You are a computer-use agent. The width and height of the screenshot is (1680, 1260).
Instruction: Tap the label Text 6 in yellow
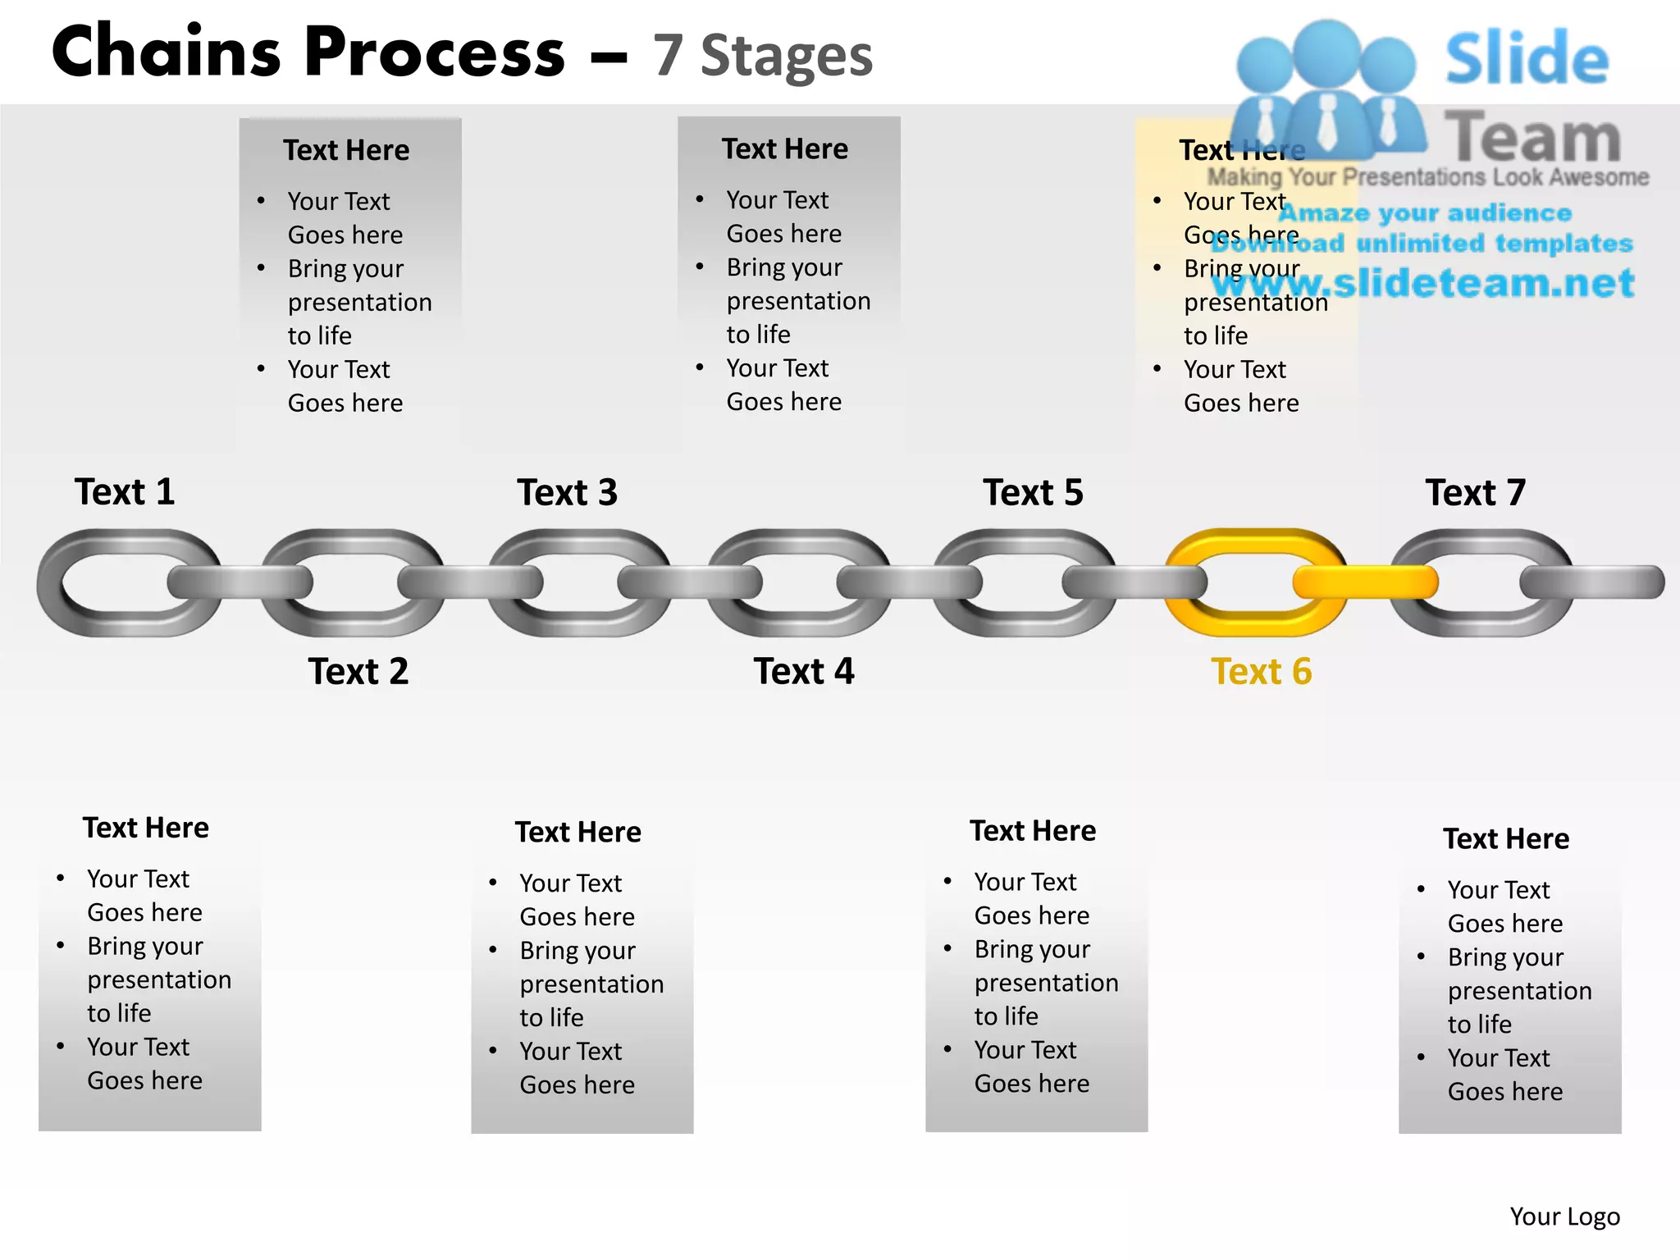point(1261,672)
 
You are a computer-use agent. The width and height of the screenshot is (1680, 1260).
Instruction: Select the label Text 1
point(125,492)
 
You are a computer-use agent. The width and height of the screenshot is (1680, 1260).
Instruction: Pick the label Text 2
point(358,672)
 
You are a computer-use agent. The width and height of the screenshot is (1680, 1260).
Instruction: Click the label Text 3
point(567,493)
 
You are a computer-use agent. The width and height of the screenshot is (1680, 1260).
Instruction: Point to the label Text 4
point(804,672)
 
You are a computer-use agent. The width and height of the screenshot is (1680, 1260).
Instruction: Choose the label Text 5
point(1033,493)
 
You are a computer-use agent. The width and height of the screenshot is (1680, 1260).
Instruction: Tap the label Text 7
point(1475,493)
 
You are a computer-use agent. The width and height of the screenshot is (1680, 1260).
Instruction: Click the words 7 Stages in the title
point(763,56)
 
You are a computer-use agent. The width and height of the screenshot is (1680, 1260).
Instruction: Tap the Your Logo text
point(1564,1217)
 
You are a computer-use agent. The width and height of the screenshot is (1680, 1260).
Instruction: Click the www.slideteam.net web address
point(1423,283)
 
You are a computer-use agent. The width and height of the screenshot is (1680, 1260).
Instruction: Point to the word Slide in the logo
point(1527,59)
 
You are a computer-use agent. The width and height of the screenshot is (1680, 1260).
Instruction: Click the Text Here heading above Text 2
point(346,151)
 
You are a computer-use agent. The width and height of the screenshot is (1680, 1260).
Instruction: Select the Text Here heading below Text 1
point(146,828)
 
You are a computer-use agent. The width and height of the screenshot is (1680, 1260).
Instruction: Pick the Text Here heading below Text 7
point(1506,839)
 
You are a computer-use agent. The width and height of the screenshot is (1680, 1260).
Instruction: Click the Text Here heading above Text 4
point(785,149)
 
